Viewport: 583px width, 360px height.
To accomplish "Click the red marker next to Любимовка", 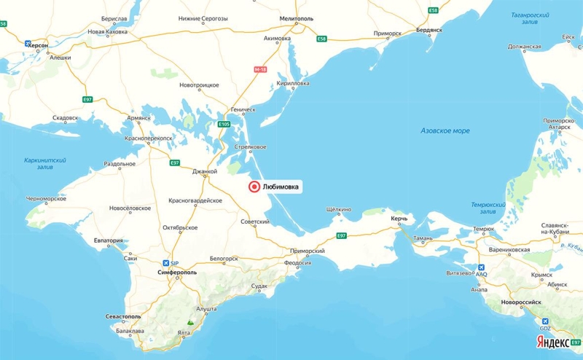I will tap(254, 187).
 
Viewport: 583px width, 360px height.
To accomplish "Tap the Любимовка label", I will tap(280, 187).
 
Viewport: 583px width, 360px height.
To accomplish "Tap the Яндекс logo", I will tap(552, 343).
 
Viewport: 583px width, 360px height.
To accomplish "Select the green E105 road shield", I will tap(224, 125).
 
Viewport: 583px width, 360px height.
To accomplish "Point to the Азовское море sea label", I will tap(445, 130).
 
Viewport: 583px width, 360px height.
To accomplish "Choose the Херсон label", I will tap(39, 45).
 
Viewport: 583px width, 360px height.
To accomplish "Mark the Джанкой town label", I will tap(205, 171).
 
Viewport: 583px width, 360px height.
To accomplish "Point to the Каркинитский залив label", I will tap(45, 164).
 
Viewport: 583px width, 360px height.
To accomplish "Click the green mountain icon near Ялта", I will tap(190, 320).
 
